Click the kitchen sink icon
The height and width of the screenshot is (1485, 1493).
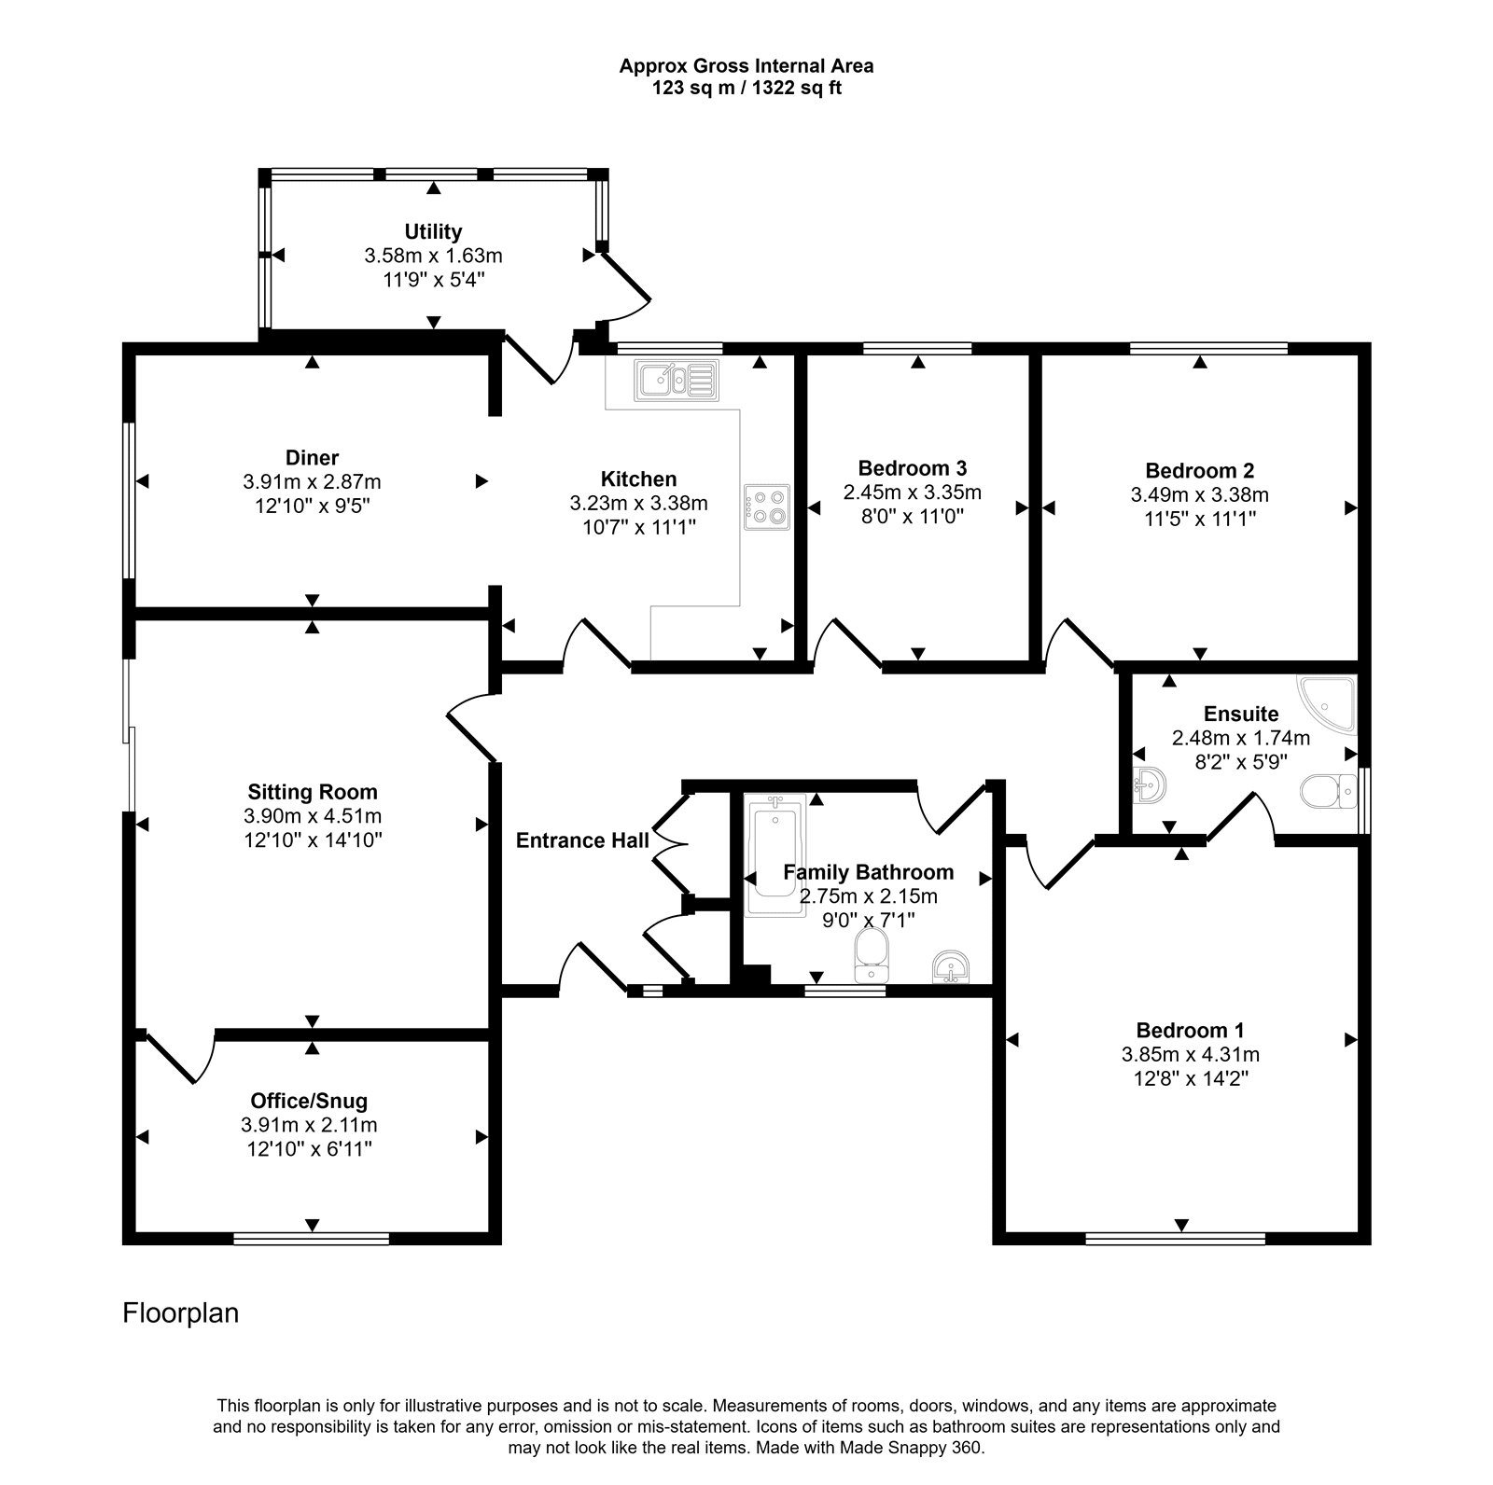(x=677, y=380)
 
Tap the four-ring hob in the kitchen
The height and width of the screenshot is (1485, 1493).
(x=767, y=507)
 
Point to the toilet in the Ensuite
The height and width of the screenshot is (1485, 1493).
(x=1330, y=789)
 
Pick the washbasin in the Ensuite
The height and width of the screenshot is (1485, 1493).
(x=1150, y=786)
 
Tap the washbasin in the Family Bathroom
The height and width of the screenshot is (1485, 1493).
(x=952, y=967)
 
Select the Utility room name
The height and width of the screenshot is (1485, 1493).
(x=433, y=230)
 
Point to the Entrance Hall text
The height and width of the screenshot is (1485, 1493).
(x=582, y=840)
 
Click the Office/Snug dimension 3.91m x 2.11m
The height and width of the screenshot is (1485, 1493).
(x=309, y=1125)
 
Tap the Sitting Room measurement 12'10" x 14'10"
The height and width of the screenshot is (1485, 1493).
(x=312, y=840)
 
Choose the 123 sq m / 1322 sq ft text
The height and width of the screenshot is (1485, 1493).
(x=746, y=90)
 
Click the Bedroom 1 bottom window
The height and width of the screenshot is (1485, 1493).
(x=1176, y=1239)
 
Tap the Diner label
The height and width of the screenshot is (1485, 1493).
(x=312, y=457)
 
